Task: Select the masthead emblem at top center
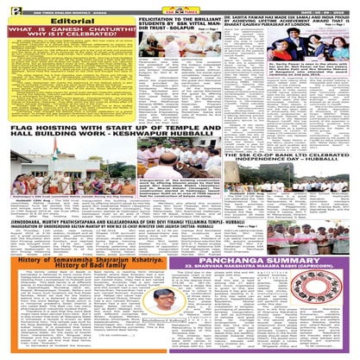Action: click(x=179, y=5)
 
